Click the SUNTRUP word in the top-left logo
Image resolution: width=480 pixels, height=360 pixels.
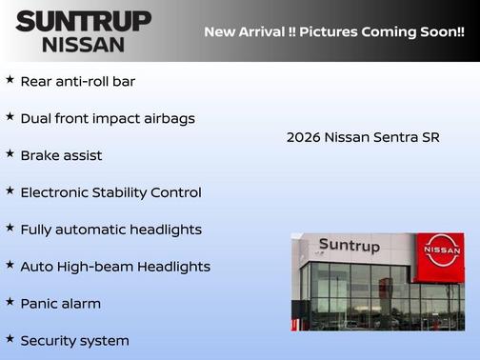point(84,21)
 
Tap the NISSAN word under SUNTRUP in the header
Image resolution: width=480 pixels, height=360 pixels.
point(84,44)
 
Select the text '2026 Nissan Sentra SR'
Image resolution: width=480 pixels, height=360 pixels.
point(363,137)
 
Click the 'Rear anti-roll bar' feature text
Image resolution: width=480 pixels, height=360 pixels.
point(78,81)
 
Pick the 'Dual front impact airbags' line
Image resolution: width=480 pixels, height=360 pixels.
point(108,118)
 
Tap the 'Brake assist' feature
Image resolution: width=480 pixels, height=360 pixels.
point(61,155)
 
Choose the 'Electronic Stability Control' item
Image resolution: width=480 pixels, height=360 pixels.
point(110,192)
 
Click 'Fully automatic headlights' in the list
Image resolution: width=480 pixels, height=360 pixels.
point(110,230)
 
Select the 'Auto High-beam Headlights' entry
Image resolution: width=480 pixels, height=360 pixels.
point(115,267)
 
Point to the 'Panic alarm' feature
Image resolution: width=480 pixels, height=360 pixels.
point(60,304)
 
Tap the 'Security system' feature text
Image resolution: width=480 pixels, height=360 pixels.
point(74,340)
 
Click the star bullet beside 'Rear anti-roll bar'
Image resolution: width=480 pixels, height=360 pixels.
point(10,80)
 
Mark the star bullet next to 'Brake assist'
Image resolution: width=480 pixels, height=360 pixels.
point(10,153)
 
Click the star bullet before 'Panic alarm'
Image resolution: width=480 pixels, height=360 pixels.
point(10,302)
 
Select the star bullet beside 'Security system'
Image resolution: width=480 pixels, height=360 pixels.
point(10,338)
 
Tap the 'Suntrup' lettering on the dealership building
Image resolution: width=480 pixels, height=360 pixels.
point(349,246)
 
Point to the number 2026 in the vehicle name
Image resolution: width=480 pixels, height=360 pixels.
point(303,137)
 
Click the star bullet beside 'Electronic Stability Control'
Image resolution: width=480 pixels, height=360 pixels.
point(10,190)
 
